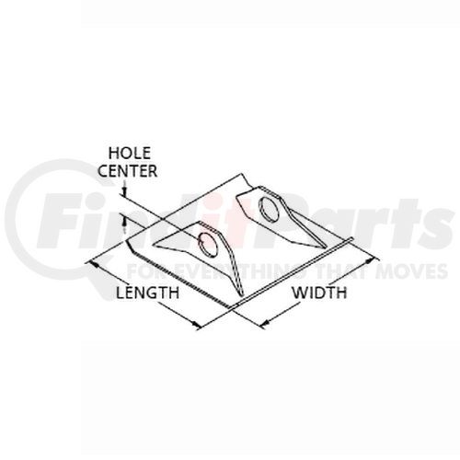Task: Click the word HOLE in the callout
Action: tap(130, 153)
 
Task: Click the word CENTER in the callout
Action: tap(128, 171)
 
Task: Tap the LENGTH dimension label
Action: tap(147, 293)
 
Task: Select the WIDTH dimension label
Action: tap(319, 293)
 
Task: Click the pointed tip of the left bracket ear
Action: tap(154, 245)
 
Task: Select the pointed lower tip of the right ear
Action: tap(325, 247)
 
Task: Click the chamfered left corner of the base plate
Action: tap(130, 245)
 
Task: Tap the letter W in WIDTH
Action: tap(299, 293)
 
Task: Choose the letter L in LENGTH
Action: tap(120, 293)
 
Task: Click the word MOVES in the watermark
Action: tap(411, 271)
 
